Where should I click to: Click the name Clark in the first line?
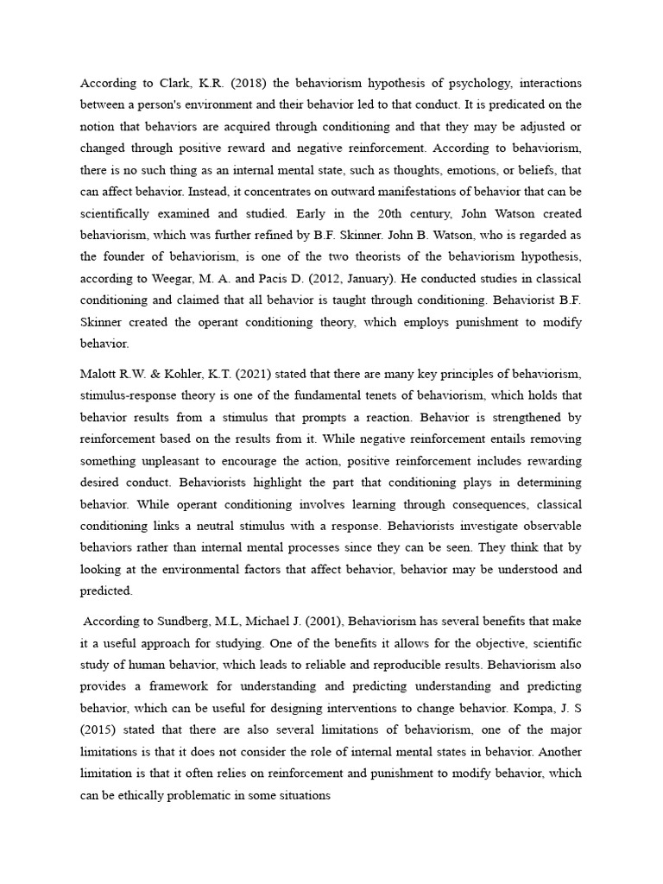tap(174, 83)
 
